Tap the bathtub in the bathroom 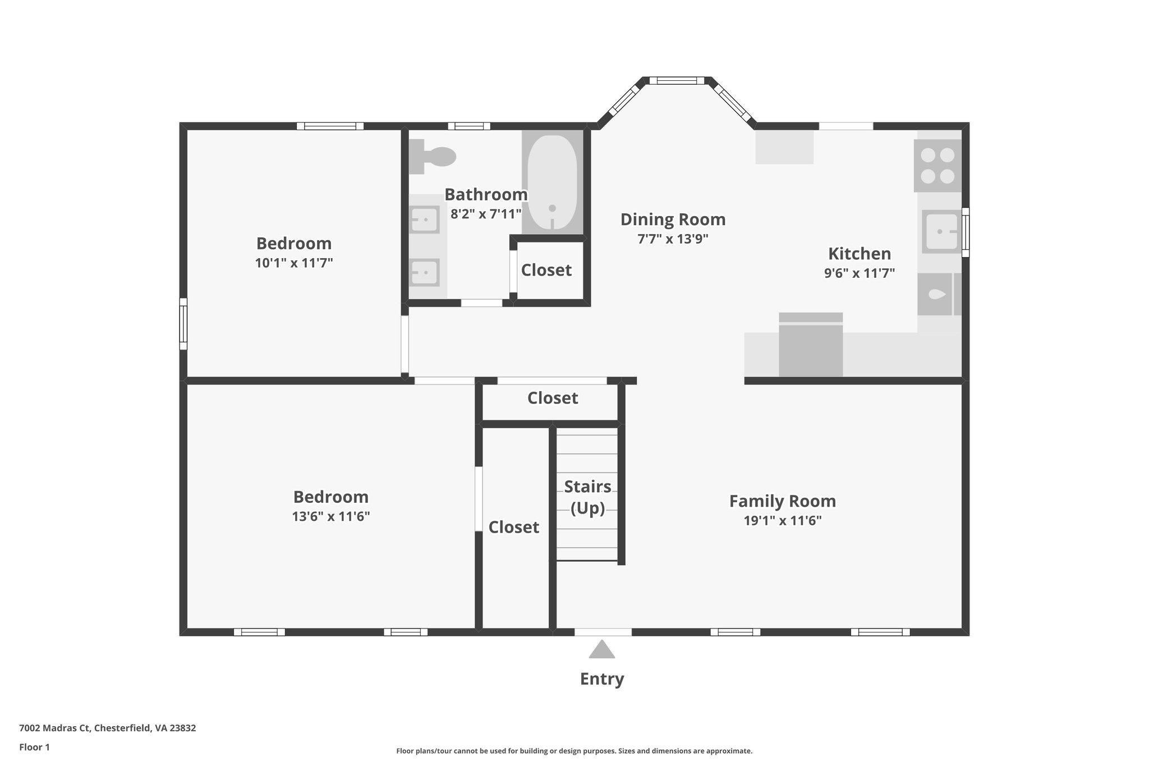[552, 183]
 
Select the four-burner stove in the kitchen [937, 166]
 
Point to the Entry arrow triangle [601, 650]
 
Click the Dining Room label [673, 219]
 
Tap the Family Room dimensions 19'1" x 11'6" [782, 520]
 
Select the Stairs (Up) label [587, 497]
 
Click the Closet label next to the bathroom [546, 270]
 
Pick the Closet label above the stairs [552, 398]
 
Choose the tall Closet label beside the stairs [513, 527]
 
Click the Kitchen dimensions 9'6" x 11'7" [859, 273]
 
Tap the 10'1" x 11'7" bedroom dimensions [294, 263]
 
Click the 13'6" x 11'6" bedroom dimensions [330, 516]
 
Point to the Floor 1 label [34, 747]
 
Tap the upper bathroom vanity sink [424, 219]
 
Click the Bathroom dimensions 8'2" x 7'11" [486, 214]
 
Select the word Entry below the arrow [601, 679]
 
